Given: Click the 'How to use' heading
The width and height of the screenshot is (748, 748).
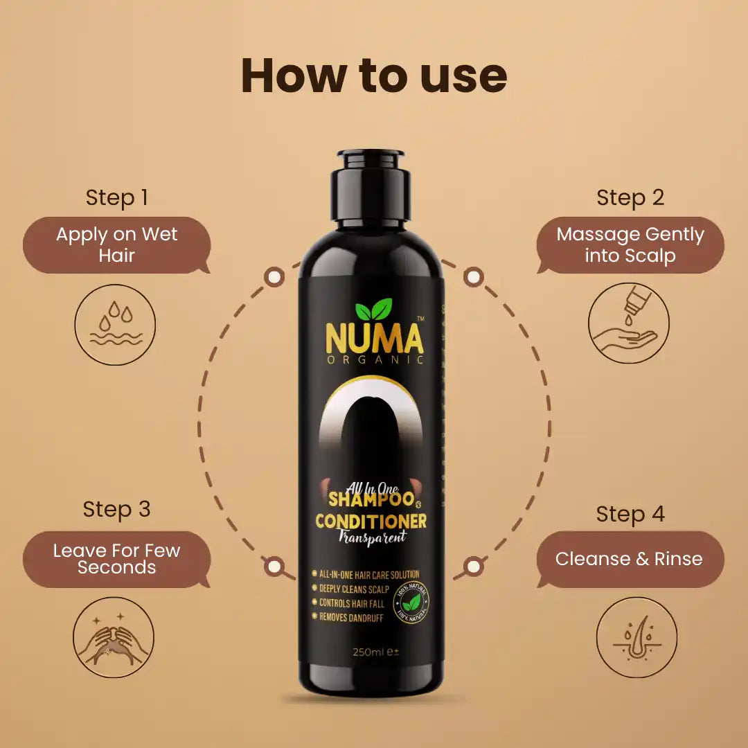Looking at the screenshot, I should pos(374,75).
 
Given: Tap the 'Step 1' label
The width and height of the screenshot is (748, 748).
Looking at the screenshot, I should pos(116,197).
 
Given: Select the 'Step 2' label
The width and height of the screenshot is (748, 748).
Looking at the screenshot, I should pos(630,197).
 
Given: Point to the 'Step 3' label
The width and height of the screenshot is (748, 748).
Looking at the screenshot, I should pos(116,509).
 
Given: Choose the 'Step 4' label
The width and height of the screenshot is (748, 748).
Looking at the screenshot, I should pos(630,514).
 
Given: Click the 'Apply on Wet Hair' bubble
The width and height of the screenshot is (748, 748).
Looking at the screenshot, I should pos(116,244).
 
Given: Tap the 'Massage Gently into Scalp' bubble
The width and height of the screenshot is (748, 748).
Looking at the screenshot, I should pos(630,244).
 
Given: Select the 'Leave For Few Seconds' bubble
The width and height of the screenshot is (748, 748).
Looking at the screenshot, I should pos(116,559).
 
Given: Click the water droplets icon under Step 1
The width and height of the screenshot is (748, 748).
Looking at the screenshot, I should pos(115,325).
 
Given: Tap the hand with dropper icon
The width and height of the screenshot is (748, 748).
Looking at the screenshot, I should pos(629,323).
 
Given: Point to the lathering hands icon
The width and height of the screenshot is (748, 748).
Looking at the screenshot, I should pos(114,637).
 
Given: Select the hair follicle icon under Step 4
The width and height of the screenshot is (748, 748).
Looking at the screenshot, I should pos(636,638).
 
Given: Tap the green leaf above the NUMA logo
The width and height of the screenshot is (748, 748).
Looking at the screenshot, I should pos(373,310).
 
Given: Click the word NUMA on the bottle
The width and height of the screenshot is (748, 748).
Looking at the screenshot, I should pos(374,339).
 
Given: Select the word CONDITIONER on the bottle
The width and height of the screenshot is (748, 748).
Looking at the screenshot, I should pos(371,522).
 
